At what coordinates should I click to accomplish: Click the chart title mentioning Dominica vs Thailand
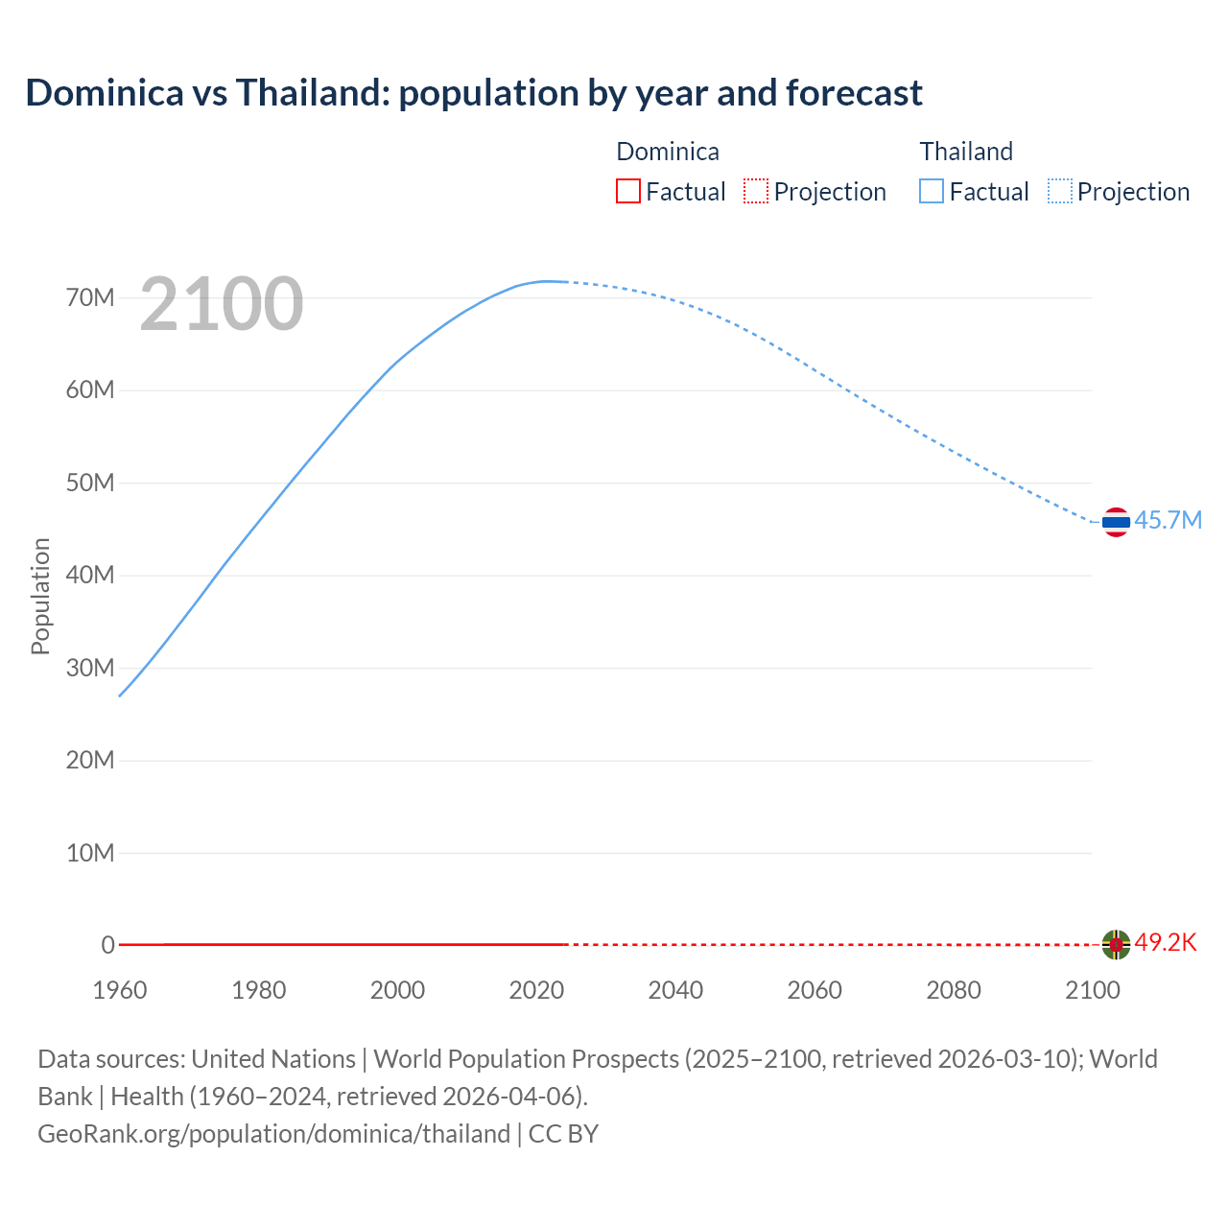pyautogui.click(x=474, y=93)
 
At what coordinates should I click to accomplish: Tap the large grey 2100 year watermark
pyautogui.click(x=222, y=304)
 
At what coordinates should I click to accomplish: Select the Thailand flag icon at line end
pyautogui.click(x=1116, y=522)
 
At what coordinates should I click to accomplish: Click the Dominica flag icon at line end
pyautogui.click(x=1116, y=945)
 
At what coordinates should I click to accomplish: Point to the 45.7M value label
pyautogui.click(x=1168, y=521)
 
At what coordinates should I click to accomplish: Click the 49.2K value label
pyautogui.click(x=1166, y=943)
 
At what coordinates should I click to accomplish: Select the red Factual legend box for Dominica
pyautogui.click(x=628, y=192)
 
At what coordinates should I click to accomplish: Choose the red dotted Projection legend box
pyautogui.click(x=756, y=192)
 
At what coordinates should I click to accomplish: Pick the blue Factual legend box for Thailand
pyautogui.click(x=932, y=192)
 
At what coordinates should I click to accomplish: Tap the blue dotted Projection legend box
pyautogui.click(x=1060, y=192)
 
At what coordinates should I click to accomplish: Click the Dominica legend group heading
pyautogui.click(x=668, y=152)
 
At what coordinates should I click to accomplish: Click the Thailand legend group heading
pyautogui.click(x=966, y=152)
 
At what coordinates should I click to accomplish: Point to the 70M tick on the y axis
pyautogui.click(x=90, y=298)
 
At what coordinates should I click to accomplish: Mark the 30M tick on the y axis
pyautogui.click(x=90, y=668)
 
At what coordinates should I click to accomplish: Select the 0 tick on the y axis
pyautogui.click(x=107, y=945)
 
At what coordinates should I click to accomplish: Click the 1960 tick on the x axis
pyautogui.click(x=120, y=990)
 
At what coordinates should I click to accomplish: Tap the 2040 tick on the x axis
pyautogui.click(x=675, y=990)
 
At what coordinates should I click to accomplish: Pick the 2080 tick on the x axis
pyautogui.click(x=954, y=990)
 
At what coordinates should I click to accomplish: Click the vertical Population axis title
pyautogui.click(x=40, y=596)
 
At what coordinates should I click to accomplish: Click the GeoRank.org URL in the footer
pyautogui.click(x=273, y=1134)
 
